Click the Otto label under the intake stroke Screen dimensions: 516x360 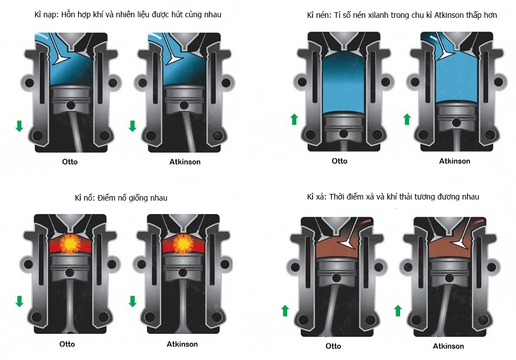pos(70,162)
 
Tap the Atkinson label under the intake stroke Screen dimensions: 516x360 pos(185,162)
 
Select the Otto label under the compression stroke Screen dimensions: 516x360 pos(339,161)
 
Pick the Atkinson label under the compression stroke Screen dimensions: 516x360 pos(455,161)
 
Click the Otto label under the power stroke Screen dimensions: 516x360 pos(67,344)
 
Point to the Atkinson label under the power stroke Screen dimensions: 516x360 pos(182,344)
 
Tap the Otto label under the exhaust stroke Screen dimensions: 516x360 pos(333,346)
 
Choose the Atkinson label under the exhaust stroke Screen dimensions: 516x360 pos(448,346)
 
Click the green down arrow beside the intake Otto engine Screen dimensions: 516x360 pos(20,126)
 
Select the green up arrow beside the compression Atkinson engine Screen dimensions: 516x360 pos(407,119)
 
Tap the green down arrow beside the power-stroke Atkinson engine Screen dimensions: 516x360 pos(133,301)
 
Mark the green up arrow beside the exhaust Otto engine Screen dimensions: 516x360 pos(285,310)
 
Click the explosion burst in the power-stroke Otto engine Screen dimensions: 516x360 pos(70,244)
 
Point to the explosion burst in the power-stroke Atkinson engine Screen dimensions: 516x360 pos(182,244)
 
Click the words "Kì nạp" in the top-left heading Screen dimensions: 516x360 pos(46,15)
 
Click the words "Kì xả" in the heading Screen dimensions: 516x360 pos(317,197)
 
